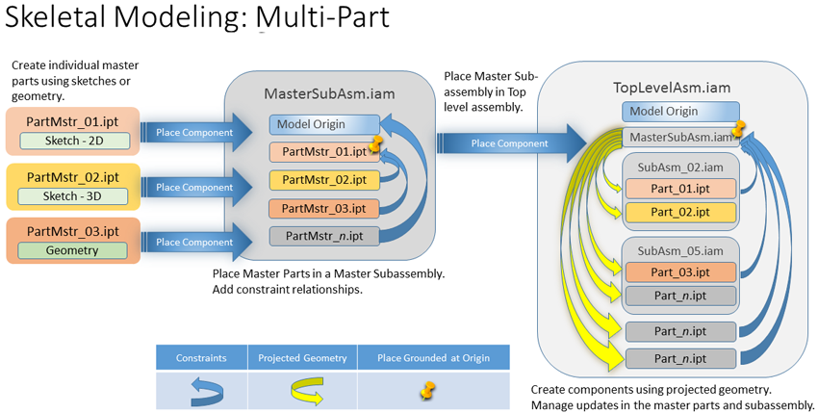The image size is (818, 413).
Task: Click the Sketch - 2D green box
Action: [74, 141]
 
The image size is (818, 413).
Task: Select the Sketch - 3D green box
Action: [74, 195]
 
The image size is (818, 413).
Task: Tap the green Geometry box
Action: [74, 250]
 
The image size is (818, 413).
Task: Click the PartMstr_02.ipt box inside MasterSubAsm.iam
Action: [324, 180]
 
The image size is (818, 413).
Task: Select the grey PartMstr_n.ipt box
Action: [324, 236]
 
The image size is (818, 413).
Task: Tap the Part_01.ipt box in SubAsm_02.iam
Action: [679, 189]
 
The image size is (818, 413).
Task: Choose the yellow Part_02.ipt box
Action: [679, 212]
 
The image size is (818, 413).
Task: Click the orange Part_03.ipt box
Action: [679, 272]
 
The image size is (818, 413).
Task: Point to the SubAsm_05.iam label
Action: [679, 251]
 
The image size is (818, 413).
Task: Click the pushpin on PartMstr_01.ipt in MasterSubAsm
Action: [375, 146]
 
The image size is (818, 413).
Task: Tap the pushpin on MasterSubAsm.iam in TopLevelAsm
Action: [738, 129]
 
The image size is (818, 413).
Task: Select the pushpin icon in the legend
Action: [428, 390]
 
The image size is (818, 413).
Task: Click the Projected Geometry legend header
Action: [302, 358]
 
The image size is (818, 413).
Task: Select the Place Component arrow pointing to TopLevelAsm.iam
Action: [510, 143]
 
